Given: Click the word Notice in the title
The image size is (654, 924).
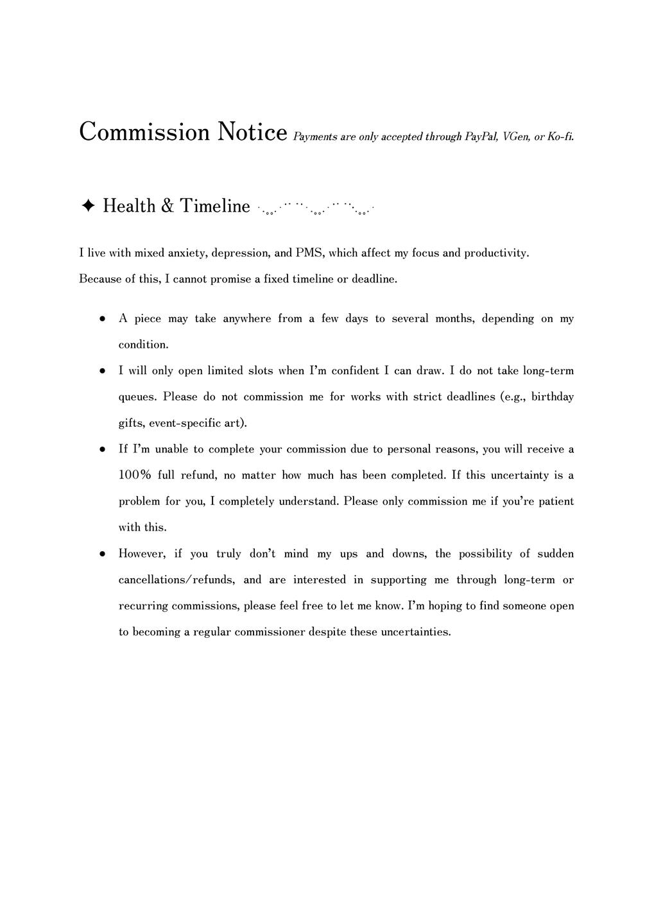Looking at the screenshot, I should coord(252,132).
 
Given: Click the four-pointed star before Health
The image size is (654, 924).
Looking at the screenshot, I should coord(89,206).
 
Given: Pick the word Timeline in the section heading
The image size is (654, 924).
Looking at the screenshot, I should coord(214,206).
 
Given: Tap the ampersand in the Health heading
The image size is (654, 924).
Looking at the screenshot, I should coord(168,206).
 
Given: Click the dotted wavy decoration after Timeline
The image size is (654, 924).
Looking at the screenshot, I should coord(314,208).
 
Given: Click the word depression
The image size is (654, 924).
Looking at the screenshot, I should coord(241,253).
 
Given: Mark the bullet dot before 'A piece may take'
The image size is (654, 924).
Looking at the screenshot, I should coord(102,319).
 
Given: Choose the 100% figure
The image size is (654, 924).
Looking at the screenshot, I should coord(135,475).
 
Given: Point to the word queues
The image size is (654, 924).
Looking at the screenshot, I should coord(137,397).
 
